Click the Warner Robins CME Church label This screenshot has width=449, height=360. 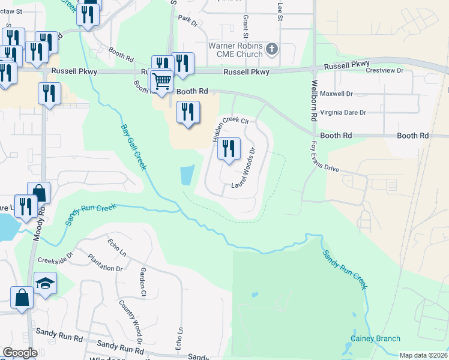235,50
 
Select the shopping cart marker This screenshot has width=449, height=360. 160,80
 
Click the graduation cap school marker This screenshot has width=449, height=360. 45,283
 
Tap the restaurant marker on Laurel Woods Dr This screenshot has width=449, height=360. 228,148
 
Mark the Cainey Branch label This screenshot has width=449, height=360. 375,338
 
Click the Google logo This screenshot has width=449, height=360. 20,353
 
